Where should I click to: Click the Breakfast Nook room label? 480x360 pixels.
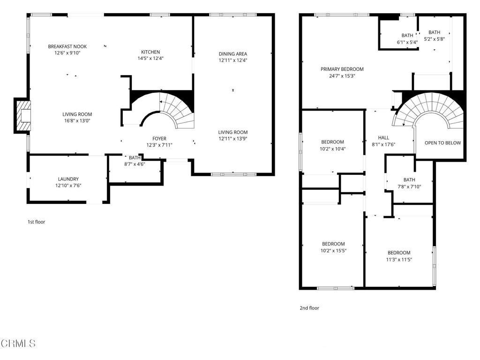pyautogui.click(x=67, y=46)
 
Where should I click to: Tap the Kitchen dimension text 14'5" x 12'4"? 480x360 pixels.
pyautogui.click(x=150, y=59)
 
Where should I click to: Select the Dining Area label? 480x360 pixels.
pyautogui.click(x=232, y=53)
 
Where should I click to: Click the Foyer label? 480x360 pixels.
pyautogui.click(x=159, y=138)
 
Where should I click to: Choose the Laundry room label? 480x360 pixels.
pyautogui.click(x=68, y=179)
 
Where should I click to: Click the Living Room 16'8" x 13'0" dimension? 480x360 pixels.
pyautogui.click(x=77, y=120)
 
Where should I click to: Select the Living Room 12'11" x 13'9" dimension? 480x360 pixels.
pyautogui.click(x=232, y=139)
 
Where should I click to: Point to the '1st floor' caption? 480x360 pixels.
pyautogui.click(x=36, y=222)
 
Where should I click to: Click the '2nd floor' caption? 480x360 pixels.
pyautogui.click(x=309, y=308)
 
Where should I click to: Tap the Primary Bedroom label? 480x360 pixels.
pyautogui.click(x=342, y=69)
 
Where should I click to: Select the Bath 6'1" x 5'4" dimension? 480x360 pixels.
pyautogui.click(x=407, y=42)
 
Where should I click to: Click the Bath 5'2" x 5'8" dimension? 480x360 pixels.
pyautogui.click(x=434, y=39)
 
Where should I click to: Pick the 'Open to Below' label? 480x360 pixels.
pyautogui.click(x=442, y=143)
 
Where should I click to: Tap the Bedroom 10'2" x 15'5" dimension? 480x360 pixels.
pyautogui.click(x=333, y=250)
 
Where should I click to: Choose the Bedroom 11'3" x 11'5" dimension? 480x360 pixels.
pyautogui.click(x=399, y=259)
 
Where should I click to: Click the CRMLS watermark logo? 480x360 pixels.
pyautogui.click(x=18, y=344)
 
